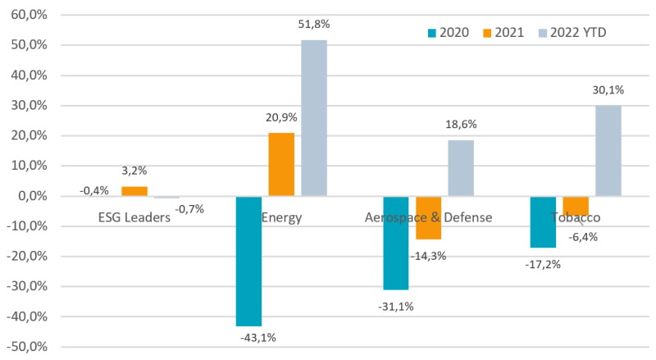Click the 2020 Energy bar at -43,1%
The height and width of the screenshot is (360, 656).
[x=248, y=261]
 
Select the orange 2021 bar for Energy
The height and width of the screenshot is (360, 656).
[x=281, y=164]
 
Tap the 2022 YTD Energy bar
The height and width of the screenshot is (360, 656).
[x=314, y=118]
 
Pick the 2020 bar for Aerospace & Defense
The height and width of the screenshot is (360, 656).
[x=395, y=243]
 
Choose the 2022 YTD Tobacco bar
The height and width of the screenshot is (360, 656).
[x=608, y=151]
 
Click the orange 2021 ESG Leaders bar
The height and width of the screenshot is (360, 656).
[x=134, y=191]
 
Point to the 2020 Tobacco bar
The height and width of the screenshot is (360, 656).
[x=542, y=222]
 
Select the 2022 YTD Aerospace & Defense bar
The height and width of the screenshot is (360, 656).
[x=461, y=168]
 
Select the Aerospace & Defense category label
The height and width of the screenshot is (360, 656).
[x=428, y=217]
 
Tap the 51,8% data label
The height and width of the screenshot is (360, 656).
[x=314, y=28]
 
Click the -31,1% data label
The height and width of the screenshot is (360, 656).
[x=395, y=306]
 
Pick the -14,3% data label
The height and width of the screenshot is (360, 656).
[x=428, y=255]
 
